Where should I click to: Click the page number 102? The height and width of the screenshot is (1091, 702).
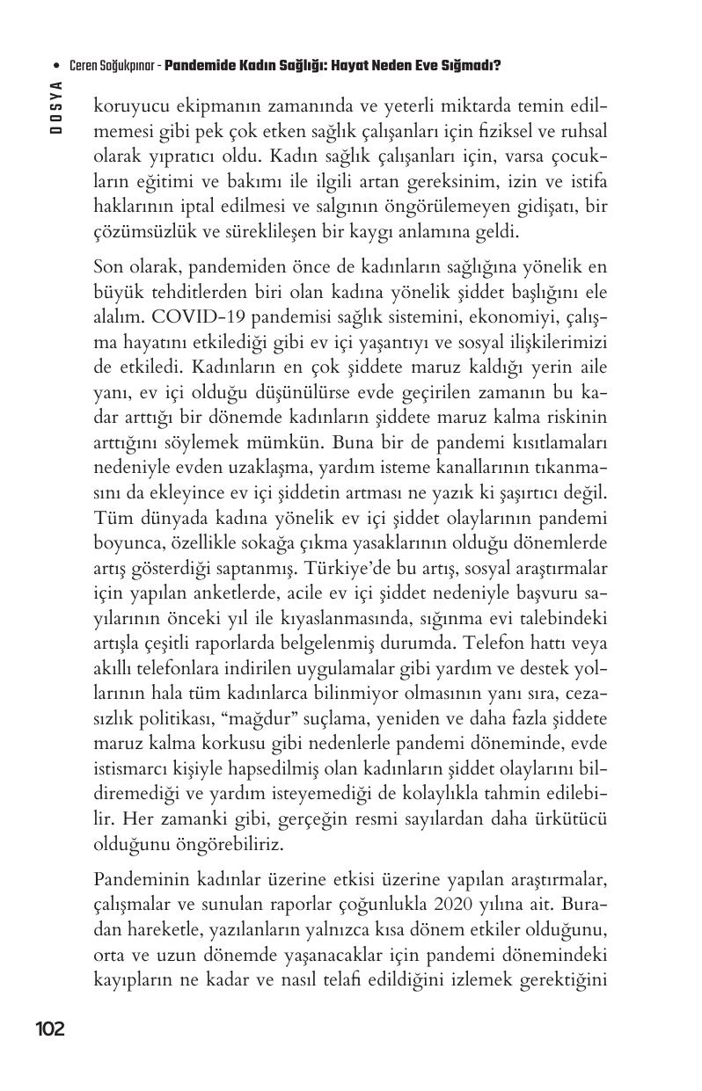(x=49, y=1029)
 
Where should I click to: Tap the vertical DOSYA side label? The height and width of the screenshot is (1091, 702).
(x=55, y=106)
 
